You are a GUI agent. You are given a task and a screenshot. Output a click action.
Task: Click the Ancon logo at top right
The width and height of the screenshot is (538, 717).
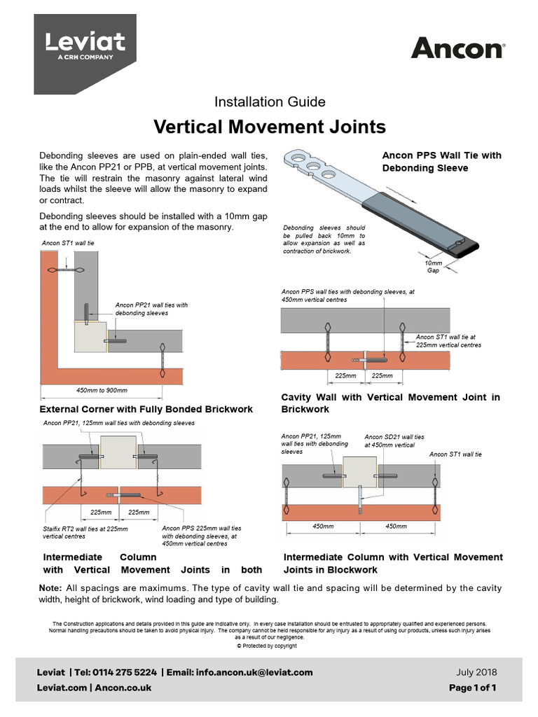[x=457, y=48]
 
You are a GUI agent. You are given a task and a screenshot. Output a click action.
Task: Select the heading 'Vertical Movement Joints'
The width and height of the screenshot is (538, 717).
[x=269, y=127]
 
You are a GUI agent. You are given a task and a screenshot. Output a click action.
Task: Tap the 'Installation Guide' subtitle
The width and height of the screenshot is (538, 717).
[x=269, y=102]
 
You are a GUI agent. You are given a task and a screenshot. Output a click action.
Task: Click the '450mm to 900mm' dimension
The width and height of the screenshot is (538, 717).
[x=102, y=390]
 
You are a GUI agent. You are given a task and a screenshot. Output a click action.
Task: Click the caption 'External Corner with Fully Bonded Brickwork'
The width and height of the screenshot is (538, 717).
[x=146, y=409]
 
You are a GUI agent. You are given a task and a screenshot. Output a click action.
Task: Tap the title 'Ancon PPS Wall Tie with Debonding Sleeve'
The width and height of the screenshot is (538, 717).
[x=441, y=162]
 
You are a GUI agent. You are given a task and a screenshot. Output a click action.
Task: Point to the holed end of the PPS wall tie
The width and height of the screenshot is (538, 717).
[x=308, y=165]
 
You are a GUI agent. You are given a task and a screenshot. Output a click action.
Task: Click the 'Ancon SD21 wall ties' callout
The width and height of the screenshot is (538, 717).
[x=394, y=440]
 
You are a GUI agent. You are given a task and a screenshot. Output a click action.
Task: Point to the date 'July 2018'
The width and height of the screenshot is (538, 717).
[x=476, y=672]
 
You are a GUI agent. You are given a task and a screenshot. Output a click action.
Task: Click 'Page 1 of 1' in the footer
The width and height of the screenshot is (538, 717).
[x=472, y=688]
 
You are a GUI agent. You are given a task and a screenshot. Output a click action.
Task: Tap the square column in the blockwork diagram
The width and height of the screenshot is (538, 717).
[x=359, y=474]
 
